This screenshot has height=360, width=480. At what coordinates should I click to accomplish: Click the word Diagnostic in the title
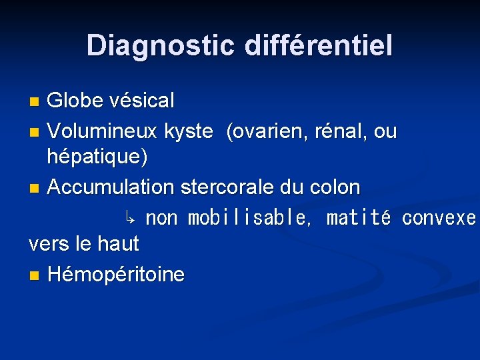tap(161, 45)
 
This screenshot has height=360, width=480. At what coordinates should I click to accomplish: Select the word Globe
tap(77, 101)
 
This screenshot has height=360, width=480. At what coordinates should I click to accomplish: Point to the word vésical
tap(143, 101)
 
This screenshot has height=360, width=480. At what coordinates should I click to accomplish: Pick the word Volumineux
tap(102, 131)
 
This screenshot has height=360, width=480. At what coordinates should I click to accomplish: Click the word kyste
tap(189, 131)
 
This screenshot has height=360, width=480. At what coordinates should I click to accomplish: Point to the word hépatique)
tap(97, 157)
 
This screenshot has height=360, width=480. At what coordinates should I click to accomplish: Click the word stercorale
tap(226, 187)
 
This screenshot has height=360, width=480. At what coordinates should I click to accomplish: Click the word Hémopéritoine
tap(116, 274)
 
